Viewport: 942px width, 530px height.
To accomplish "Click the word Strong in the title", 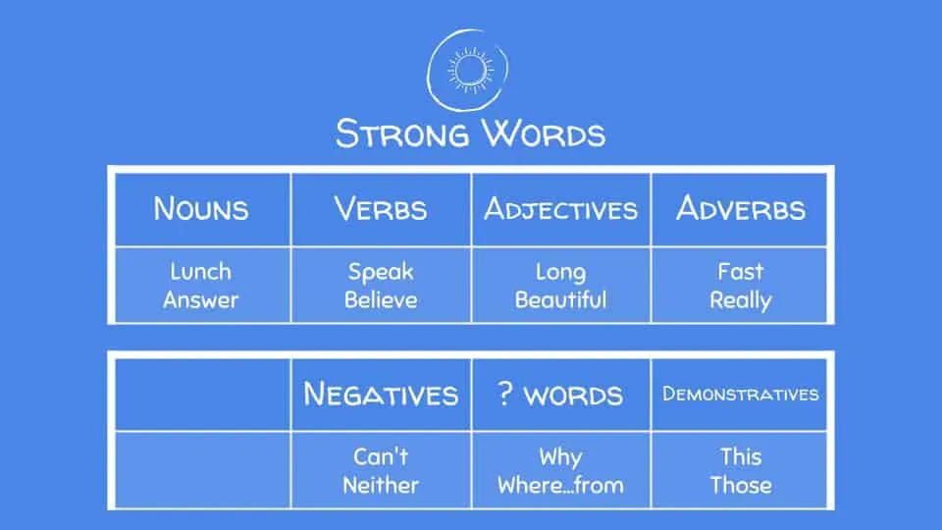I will pos(397,132).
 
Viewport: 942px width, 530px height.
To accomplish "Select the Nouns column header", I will pos(200,208).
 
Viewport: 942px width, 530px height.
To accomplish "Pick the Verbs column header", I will pos(380,208).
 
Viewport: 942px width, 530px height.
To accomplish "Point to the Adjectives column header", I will pos(560,209).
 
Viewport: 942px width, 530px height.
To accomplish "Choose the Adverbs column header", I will pos(741,208).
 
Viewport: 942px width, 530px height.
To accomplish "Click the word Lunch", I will pos(200,272).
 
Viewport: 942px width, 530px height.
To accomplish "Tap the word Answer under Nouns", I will pos(200,300).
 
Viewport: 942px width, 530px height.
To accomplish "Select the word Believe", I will pos(381,300).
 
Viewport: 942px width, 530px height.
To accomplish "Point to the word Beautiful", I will pos(560,300).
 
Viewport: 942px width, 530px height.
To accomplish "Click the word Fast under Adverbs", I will pos(741,272).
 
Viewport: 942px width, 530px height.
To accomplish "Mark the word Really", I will pos(741,300).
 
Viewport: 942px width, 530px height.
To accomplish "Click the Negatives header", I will pos(381,395).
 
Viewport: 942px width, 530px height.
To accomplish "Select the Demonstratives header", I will pos(741,395).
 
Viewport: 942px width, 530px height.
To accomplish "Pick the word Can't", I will pos(381,456).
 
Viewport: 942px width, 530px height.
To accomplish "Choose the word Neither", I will pos(381,485).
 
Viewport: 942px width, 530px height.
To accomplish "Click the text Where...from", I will pos(560,485).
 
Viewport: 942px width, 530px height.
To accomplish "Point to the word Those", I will pos(741,485).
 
